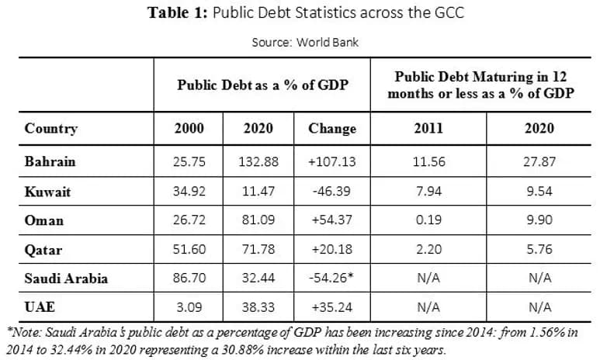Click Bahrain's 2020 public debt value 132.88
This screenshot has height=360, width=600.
point(258,161)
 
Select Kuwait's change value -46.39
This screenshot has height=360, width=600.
point(331,191)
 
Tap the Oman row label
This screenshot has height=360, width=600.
point(44,220)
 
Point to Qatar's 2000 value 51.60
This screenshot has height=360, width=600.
point(189,249)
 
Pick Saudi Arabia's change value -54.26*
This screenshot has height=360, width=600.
point(331,278)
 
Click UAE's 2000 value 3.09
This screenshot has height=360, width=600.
point(189,307)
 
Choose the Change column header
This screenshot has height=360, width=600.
point(332,129)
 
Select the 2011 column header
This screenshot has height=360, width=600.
point(428,128)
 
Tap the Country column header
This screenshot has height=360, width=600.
point(51,129)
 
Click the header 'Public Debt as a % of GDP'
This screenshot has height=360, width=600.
point(262,85)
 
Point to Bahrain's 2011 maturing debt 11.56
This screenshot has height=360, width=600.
point(428,161)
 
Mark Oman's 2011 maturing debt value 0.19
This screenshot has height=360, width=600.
point(428,220)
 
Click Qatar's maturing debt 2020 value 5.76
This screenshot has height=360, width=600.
point(539,249)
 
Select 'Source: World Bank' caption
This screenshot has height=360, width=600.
point(305,42)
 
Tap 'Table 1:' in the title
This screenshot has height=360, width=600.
point(177,12)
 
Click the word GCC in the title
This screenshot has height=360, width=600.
point(449,12)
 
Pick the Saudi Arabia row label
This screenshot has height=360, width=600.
point(66,278)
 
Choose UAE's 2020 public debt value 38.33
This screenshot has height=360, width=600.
point(258,307)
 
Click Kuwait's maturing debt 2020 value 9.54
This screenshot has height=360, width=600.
point(539,191)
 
